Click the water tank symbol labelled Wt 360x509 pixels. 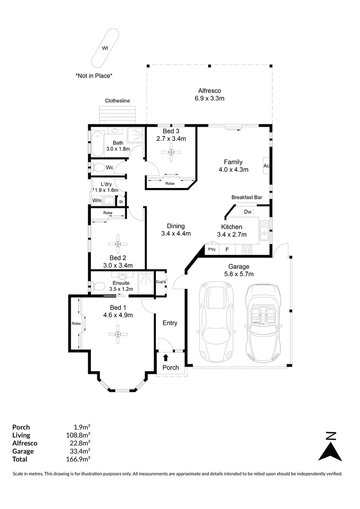click(106, 48)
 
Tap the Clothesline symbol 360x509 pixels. click(117, 114)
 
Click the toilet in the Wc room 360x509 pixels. click(98, 168)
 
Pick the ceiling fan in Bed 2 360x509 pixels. click(117, 244)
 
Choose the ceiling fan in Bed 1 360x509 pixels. click(117, 334)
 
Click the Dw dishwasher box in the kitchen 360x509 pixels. click(248, 212)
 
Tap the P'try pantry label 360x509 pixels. click(212, 249)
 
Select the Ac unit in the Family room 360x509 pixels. click(266, 166)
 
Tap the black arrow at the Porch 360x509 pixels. click(165, 358)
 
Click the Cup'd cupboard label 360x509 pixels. click(161, 282)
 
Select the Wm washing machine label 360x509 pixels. click(97, 201)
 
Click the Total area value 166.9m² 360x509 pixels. click(79, 459)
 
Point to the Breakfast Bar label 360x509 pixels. click(246, 197)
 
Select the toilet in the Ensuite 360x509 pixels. click(98, 286)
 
